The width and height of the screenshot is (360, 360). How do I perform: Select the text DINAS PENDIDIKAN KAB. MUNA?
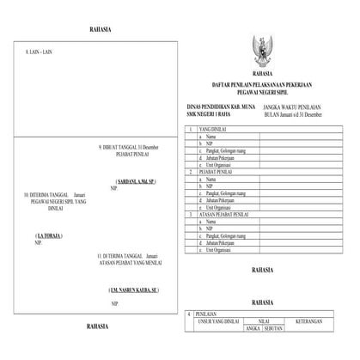(217, 107)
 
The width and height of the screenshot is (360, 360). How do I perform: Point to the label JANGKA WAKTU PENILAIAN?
(297, 107)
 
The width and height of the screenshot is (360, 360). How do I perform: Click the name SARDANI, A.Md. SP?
(135, 181)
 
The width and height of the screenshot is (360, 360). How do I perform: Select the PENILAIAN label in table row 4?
(207, 315)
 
